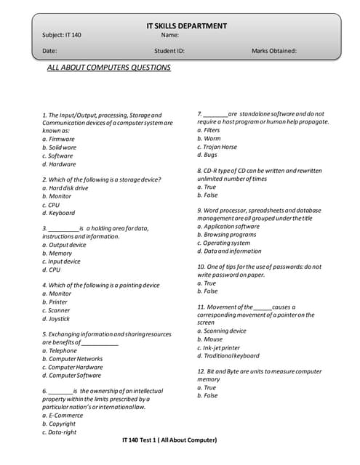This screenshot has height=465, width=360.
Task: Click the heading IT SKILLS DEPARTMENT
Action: point(186,26)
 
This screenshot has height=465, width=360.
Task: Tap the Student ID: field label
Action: point(169,51)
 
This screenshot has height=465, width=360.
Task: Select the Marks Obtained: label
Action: point(273,51)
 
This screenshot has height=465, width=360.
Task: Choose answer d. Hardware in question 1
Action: point(59,164)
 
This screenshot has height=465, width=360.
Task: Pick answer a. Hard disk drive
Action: point(65,187)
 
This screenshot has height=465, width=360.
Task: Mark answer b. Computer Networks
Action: point(72,358)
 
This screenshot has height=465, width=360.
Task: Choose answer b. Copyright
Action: point(59,424)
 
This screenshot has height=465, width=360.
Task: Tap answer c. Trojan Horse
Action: point(217,147)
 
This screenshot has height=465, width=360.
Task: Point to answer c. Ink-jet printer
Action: point(218,347)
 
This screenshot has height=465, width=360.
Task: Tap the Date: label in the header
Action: point(49,51)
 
